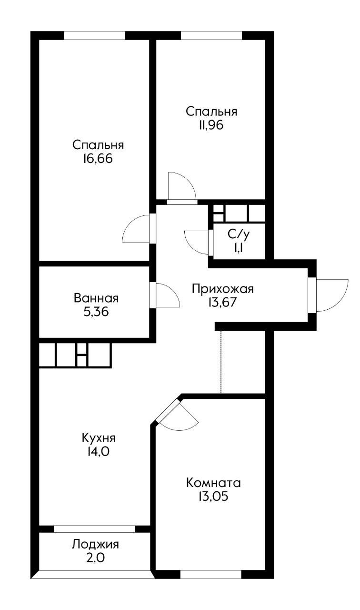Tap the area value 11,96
(211, 125)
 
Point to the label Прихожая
(223, 288)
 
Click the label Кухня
(99, 437)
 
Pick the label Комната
(213, 482)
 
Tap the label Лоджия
(96, 544)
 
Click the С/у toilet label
(239, 234)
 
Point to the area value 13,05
(213, 496)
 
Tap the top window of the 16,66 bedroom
(94, 35)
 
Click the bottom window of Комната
(211, 575)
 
